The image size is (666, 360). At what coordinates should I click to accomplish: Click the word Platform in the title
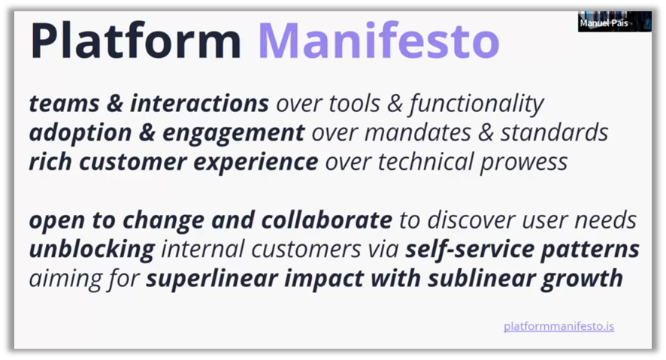click(x=135, y=41)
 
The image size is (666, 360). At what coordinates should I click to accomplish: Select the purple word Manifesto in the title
click(x=378, y=40)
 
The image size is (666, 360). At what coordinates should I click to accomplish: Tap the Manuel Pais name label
click(x=604, y=23)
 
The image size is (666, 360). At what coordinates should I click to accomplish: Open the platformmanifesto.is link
click(x=559, y=326)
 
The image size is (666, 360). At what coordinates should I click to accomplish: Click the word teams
click(x=64, y=103)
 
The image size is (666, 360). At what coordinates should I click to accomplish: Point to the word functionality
click(x=477, y=104)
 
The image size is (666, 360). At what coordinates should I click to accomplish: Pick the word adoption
click(x=80, y=134)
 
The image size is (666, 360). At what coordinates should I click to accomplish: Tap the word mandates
click(x=417, y=132)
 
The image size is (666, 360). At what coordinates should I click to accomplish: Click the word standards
click(x=554, y=132)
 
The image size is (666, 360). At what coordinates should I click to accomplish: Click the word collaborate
click(x=327, y=219)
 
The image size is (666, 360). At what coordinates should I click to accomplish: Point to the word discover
click(x=471, y=219)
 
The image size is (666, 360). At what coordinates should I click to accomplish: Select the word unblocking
click(x=92, y=250)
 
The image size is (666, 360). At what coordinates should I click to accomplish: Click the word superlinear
click(x=213, y=279)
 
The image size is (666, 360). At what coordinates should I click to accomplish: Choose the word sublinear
click(x=480, y=278)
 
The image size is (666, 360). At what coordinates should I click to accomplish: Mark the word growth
click(x=582, y=280)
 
